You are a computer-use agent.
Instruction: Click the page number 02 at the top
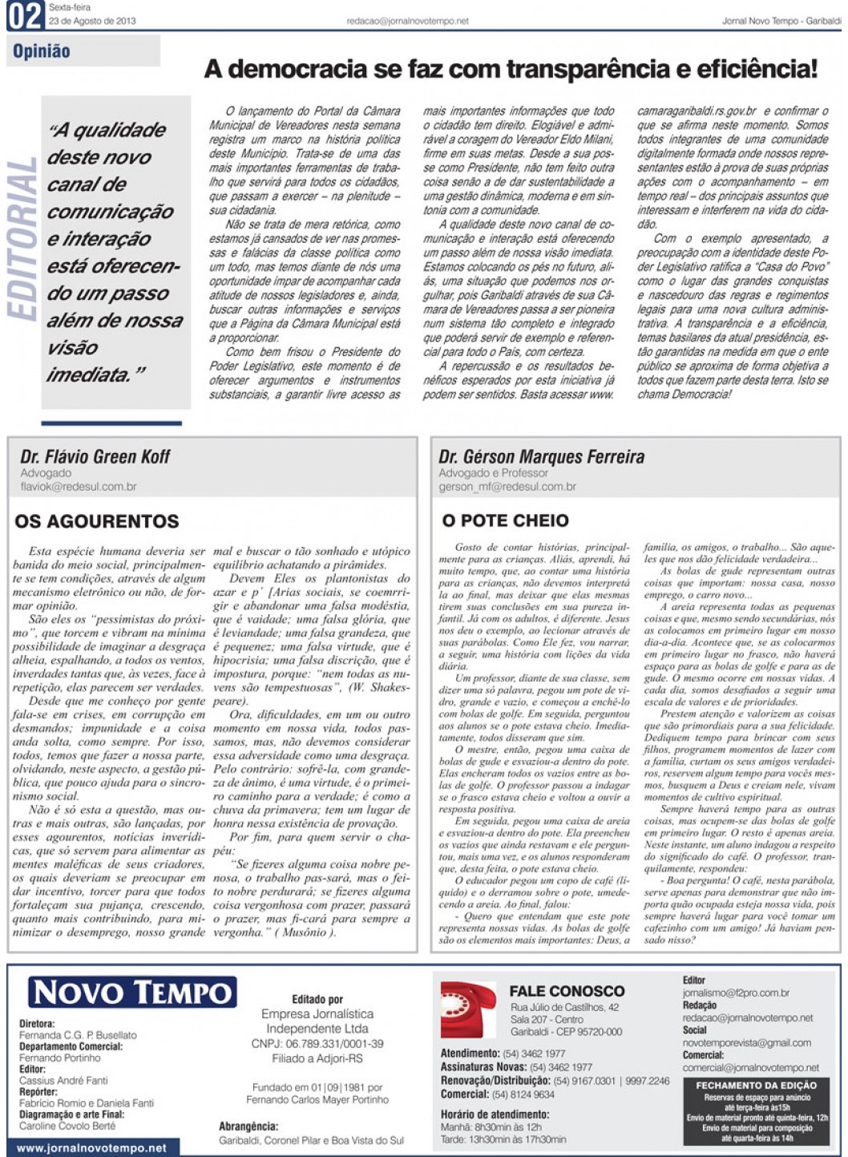(x=24, y=17)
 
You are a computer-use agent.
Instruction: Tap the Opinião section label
(x=42, y=51)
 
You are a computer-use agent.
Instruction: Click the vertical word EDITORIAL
(x=23, y=240)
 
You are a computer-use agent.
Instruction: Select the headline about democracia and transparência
(x=511, y=69)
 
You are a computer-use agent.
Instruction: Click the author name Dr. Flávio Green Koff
(x=95, y=456)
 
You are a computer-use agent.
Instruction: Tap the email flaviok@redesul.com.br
(x=79, y=486)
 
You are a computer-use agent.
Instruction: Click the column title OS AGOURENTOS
(x=97, y=521)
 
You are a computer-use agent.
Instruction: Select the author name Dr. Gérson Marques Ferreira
(x=541, y=456)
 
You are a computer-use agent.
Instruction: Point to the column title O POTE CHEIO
(x=506, y=520)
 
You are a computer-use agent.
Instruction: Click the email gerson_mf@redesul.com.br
(x=507, y=486)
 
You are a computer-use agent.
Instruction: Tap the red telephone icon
(x=468, y=1010)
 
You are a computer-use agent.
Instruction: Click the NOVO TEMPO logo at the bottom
(x=132, y=993)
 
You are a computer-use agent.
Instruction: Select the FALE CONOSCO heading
(x=567, y=991)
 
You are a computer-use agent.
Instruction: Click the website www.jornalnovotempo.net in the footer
(x=91, y=1147)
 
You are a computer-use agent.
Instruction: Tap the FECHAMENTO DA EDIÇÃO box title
(x=756, y=1085)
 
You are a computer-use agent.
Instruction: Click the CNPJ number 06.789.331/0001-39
(x=317, y=1043)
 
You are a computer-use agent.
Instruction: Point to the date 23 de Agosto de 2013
(x=92, y=21)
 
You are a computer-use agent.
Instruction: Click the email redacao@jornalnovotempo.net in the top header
(x=408, y=22)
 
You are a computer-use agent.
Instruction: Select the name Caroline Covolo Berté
(x=67, y=1126)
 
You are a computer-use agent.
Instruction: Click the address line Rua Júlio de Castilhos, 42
(x=564, y=1007)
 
